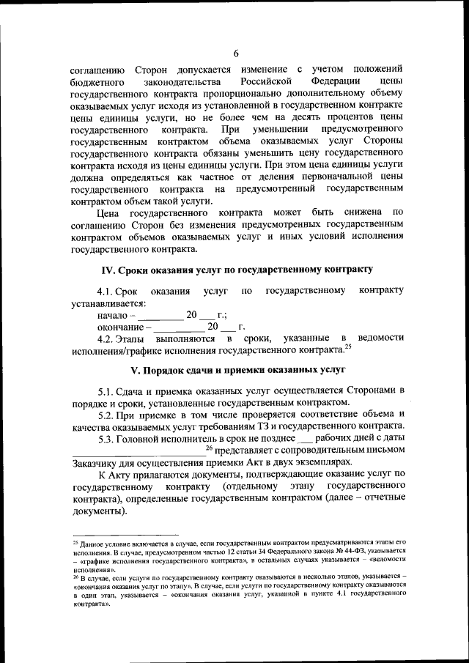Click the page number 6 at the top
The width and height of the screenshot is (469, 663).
tap(237, 51)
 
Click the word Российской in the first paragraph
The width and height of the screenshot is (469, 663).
tap(266, 80)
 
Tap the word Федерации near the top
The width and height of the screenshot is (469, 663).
tap(335, 80)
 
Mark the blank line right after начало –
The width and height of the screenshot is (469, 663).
tap(157, 316)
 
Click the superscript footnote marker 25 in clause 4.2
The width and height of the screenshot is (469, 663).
tap(348, 347)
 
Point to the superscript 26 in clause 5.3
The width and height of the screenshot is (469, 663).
tap(209, 446)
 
